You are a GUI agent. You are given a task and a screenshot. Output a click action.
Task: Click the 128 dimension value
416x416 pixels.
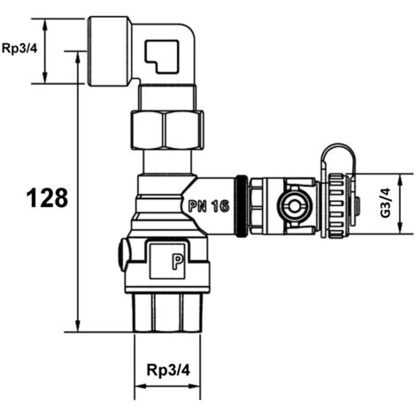[x=47, y=197]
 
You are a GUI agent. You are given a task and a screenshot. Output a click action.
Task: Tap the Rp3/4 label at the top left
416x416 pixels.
[x=19, y=49]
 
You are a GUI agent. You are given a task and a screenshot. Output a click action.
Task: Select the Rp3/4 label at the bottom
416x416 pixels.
[x=168, y=370]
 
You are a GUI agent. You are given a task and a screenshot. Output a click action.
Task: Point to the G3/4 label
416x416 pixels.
[x=385, y=203]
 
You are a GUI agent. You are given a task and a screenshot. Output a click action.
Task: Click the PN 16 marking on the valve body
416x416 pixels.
[x=209, y=205]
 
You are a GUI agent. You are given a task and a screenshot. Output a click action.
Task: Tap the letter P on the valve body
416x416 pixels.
[x=178, y=262]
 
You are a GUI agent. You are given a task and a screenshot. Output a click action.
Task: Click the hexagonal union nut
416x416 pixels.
[x=166, y=129]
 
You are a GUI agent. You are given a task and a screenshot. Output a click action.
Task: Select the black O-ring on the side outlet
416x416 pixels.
[x=242, y=206]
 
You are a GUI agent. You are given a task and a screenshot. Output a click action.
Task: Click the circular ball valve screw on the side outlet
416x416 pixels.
[x=294, y=206]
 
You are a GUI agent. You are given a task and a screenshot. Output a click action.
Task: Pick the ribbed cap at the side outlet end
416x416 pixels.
[x=337, y=206]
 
